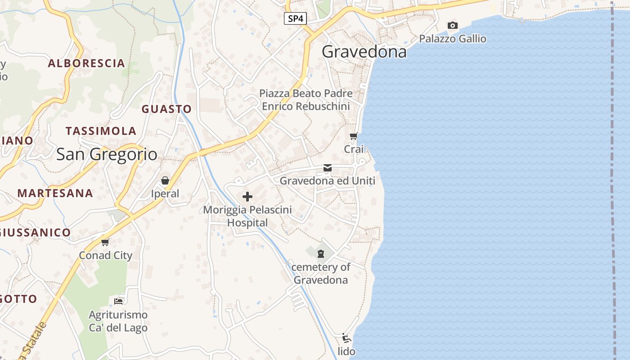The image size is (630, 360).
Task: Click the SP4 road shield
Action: (295, 18)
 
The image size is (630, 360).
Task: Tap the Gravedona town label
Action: (364, 52)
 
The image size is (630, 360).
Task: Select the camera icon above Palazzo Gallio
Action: (453, 26)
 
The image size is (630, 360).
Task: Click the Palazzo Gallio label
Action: (453, 39)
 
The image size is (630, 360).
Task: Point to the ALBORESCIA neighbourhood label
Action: (86, 63)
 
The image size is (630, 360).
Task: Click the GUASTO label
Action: (166, 109)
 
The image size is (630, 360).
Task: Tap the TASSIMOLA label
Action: (101, 131)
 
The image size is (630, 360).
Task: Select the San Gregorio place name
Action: (107, 154)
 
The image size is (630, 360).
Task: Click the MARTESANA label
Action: (55, 193)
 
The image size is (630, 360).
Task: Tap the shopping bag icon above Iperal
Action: (165, 181)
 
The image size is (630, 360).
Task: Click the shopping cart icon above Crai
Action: (354, 136)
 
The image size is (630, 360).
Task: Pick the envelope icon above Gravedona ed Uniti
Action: (328, 168)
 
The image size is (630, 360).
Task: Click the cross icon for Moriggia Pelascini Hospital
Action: (247, 197)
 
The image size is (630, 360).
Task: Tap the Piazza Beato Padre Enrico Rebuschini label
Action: (306, 100)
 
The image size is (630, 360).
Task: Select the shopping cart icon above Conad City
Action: (105, 243)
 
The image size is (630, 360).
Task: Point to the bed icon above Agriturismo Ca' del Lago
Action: (118, 301)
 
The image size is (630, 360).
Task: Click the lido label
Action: (346, 351)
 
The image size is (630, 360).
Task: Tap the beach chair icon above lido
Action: (346, 338)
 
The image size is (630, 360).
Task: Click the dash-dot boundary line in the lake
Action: (613, 180)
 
